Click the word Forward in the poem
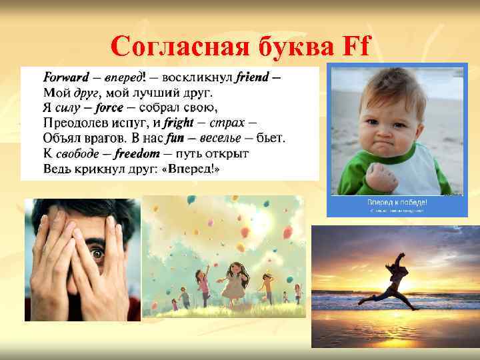coord(66,77)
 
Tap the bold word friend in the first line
coord(251,77)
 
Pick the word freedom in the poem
coord(137,154)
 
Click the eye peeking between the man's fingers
coord(97,254)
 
